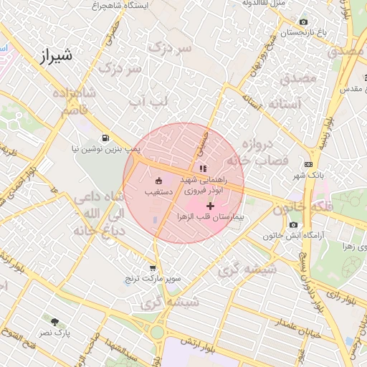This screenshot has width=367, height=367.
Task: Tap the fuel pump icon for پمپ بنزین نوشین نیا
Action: click(x=107, y=138)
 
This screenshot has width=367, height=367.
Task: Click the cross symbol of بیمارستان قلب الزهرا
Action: click(x=209, y=206)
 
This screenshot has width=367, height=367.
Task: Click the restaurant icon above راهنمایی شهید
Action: click(x=203, y=168)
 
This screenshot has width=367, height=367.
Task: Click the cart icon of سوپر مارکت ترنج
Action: click(x=153, y=267)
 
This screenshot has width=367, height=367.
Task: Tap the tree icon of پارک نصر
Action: click(x=55, y=322)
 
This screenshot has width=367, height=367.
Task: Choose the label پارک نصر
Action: click(x=56, y=333)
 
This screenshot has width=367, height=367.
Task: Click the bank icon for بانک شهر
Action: click(x=309, y=164)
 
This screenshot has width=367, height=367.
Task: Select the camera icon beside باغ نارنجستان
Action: click(x=303, y=23)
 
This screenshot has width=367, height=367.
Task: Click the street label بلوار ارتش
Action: click(x=199, y=348)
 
